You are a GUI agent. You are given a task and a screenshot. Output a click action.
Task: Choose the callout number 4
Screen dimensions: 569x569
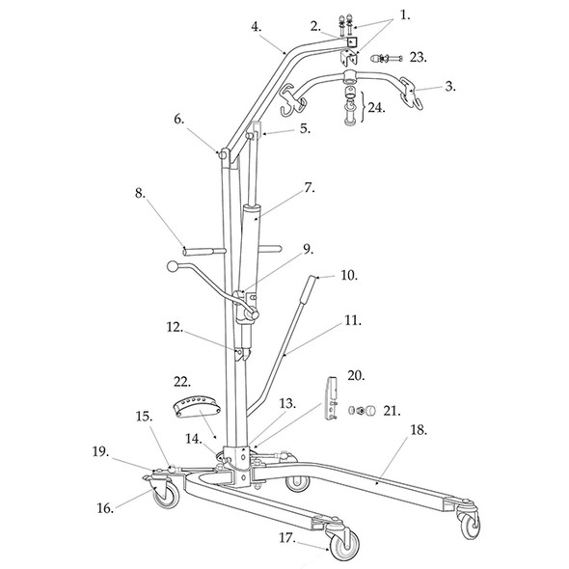tap(257, 26)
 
